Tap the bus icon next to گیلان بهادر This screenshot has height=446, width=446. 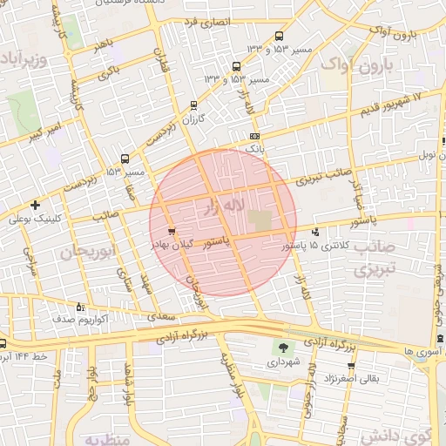click(171, 232)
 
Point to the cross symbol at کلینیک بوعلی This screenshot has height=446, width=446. click(34, 206)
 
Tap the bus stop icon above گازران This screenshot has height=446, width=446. click(193, 105)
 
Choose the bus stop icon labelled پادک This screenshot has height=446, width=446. click(254, 137)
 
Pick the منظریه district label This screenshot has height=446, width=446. click(105, 436)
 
